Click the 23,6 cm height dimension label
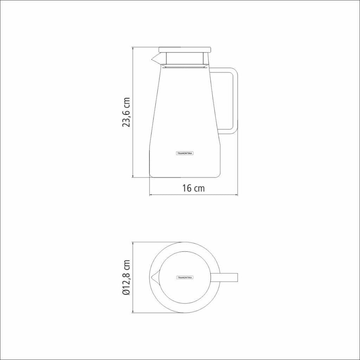pos(127,112)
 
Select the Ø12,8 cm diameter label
pos(127,278)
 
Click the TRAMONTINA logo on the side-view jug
pos(185,153)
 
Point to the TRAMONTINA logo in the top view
pos(185,278)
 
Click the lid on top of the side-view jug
pos(185,50)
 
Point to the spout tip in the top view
pos(151,278)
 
